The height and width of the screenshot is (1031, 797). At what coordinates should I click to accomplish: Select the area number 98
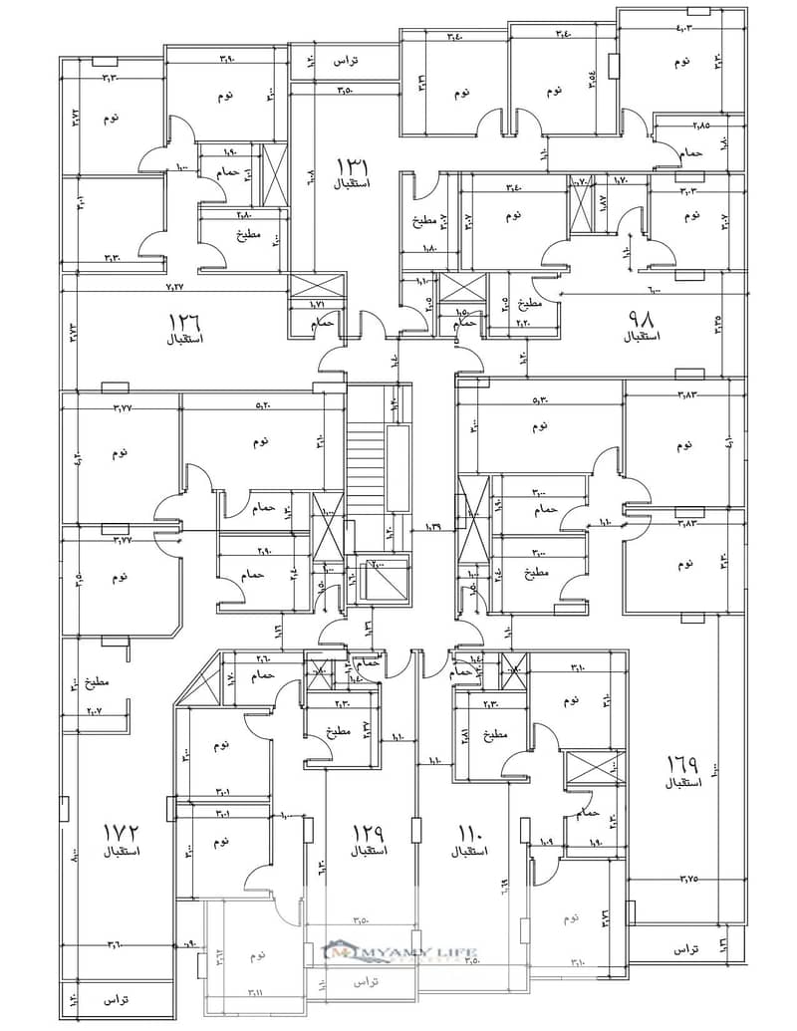640,321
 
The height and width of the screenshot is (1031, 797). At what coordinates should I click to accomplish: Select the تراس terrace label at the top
346,62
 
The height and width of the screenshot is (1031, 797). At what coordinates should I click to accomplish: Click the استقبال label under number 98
643,338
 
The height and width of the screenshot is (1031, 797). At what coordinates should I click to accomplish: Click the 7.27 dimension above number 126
175,288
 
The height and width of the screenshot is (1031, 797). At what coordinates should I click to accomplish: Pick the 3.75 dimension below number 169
688,878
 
